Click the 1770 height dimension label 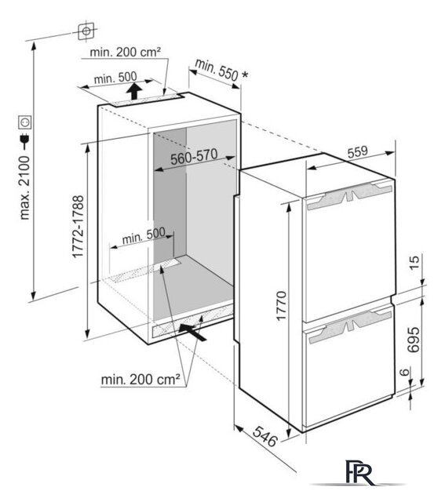pyautogui.click(x=281, y=305)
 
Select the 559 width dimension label pyautogui.click(x=358, y=151)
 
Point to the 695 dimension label pyautogui.click(x=414, y=340)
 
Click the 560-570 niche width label pyautogui.click(x=194, y=157)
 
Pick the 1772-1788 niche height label pyautogui.click(x=78, y=227)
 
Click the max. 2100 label pyautogui.click(x=24, y=187)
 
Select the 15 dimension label pyautogui.click(x=414, y=263)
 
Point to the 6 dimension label pyautogui.click(x=405, y=372)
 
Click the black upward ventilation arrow pyautogui.click(x=133, y=91)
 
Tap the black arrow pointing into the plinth pyautogui.click(x=192, y=332)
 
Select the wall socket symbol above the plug pyautogui.click(x=25, y=122)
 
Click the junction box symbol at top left pyautogui.click(x=86, y=31)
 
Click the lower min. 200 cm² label pyautogui.click(x=140, y=380)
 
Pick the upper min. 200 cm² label pyautogui.click(x=125, y=52)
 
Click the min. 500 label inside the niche pyautogui.click(x=144, y=236)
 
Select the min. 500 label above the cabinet pyautogui.click(x=115, y=78)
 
